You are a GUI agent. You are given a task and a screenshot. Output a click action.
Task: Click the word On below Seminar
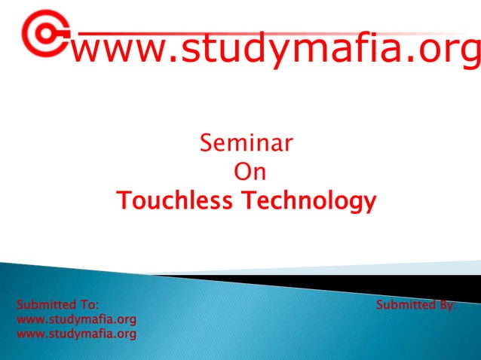click(250, 172)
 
